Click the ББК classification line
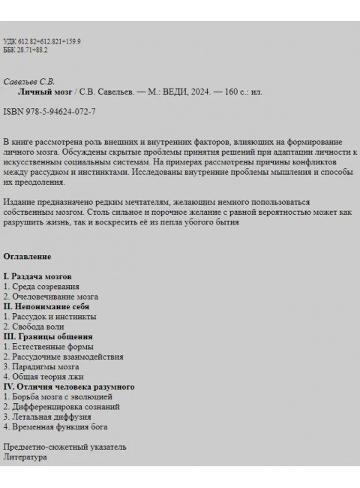pos(25,49)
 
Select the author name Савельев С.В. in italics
pos(29,81)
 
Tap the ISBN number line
pos(49,111)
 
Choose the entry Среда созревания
pos(45,287)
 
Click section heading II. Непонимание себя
pos(46,306)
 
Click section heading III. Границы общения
pos(46,336)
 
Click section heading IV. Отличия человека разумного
pos(69,386)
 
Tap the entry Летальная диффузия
pos(52,416)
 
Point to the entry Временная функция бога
pos(59,426)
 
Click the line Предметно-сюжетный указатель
pos(64,447)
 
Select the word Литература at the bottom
pos(24,456)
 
